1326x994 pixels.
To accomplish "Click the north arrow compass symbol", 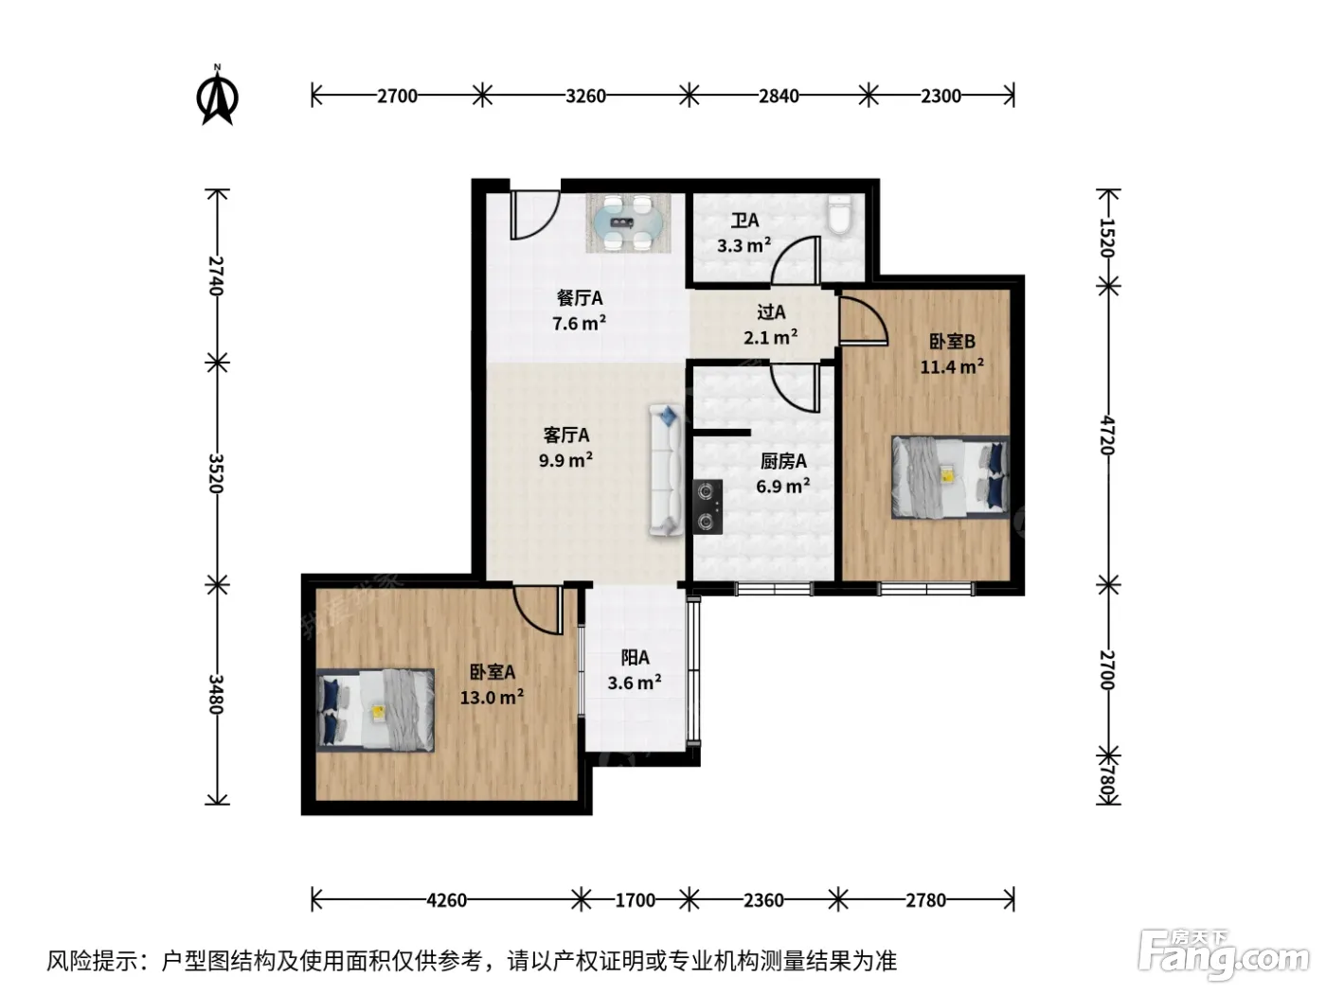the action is [218, 96].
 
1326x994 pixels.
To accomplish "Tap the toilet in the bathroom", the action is [839, 214].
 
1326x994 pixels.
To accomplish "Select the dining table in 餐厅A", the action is [628, 222].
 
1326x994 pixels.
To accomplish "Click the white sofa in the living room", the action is [666, 470].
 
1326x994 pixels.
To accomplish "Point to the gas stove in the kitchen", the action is [708, 507].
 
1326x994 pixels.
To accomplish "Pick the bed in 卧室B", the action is [950, 477].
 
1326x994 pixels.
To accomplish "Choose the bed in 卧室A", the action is [375, 710].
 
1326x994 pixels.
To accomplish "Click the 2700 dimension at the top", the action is [397, 96].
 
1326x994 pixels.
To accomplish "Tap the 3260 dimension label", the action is [585, 96].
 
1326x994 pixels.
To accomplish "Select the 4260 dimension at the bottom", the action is [446, 900].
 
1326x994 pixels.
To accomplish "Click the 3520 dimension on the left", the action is [216, 473].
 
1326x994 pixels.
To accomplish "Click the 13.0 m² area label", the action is [492, 698].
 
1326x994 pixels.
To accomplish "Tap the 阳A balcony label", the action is [635, 657].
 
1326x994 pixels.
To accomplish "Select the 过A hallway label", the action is [771, 312].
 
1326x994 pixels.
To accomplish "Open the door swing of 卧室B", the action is [864, 321].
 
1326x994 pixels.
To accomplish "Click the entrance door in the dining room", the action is [535, 215].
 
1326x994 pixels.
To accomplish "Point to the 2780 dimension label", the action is [925, 900].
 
